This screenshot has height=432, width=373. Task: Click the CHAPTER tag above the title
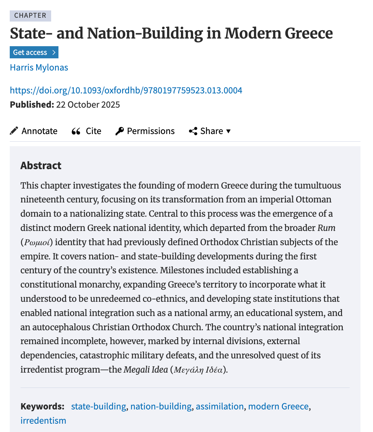(30, 16)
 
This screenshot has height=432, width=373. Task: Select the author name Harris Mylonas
(39, 67)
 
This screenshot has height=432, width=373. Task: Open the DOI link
(126, 91)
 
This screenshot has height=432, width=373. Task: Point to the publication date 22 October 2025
(88, 105)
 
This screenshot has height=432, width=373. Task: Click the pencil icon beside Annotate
(14, 131)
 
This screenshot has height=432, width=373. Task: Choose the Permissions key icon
(119, 131)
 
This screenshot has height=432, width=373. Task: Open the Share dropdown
(210, 131)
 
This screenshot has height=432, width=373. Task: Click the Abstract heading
(41, 166)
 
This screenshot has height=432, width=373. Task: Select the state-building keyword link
(98, 406)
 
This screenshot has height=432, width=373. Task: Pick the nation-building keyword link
(161, 406)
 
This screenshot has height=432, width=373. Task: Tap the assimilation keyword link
(220, 406)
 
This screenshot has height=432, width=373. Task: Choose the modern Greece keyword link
(278, 406)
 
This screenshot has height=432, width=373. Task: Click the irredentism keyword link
(43, 421)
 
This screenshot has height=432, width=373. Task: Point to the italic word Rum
(326, 228)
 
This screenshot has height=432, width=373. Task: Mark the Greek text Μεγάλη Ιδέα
(198, 370)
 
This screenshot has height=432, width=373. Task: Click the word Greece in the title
(309, 33)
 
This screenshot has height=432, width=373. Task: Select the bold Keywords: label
(42, 406)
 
